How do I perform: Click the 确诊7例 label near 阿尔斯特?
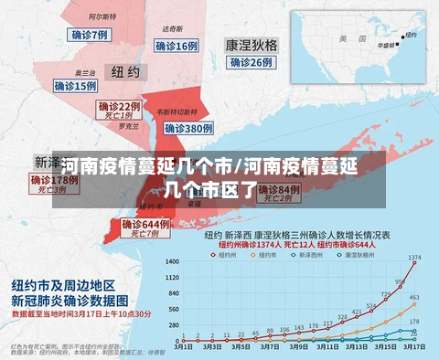(x=89, y=34)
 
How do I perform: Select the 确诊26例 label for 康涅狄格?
(x=251, y=62)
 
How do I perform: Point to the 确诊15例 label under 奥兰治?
(x=75, y=86)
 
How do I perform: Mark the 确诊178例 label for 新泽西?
(x=54, y=180)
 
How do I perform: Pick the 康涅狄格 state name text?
(x=252, y=44)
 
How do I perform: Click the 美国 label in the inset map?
(x=345, y=39)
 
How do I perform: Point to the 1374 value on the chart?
(x=414, y=257)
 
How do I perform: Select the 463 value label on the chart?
(x=414, y=298)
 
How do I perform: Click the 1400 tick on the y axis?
(x=172, y=261)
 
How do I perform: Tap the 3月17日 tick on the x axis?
(x=414, y=347)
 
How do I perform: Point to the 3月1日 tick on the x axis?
(x=183, y=347)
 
